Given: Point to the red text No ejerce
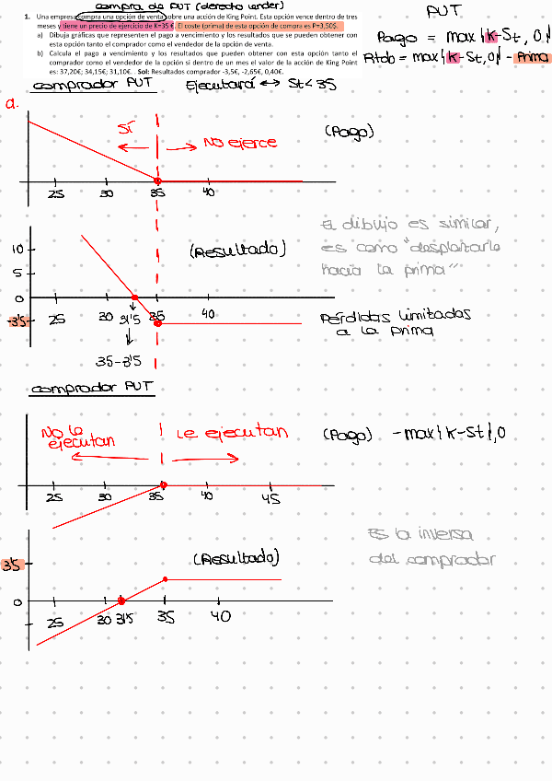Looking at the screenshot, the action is point(239,144).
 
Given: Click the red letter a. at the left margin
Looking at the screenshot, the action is point(13,104).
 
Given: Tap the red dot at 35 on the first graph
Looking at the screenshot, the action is point(157,180).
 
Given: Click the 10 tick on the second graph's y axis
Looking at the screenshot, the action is point(17,250).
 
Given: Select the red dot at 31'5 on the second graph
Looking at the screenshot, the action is point(134,298).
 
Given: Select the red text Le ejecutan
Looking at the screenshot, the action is point(232,433).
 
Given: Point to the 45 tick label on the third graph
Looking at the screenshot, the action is point(270,498).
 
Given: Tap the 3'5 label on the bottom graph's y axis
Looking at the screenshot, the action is point(12,565).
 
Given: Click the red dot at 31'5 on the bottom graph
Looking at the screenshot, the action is point(121,601).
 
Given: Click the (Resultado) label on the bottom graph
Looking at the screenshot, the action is point(236,559).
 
